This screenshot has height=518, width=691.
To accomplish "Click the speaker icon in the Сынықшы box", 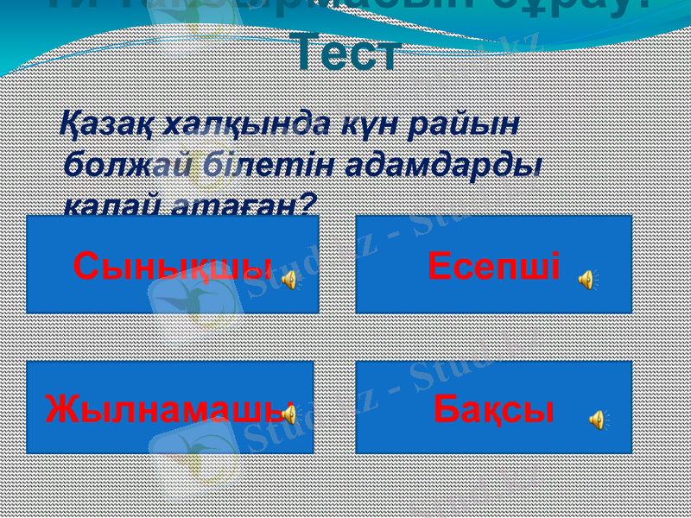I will pos(292,279).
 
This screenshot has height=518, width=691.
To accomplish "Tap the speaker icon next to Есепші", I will pos(586,279).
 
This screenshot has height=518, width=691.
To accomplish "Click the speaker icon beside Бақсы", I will pos(597,420).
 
